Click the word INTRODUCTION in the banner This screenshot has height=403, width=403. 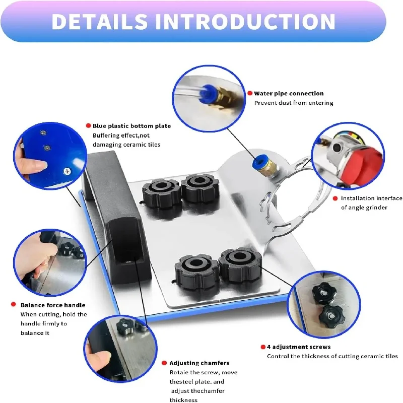(x=245, y=21)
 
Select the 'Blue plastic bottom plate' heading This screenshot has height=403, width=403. (x=131, y=126)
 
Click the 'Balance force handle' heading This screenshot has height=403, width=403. (x=53, y=305)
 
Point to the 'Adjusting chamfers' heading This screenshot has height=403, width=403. (x=199, y=363)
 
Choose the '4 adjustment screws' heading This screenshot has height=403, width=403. (x=299, y=347)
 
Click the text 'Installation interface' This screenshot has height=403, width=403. (x=371, y=198)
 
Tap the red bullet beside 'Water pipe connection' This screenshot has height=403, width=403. (x=249, y=93)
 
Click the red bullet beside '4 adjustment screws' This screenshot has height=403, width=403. (x=262, y=347)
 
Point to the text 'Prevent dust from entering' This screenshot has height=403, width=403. (x=294, y=103)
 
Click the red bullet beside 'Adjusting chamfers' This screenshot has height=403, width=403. (x=164, y=363)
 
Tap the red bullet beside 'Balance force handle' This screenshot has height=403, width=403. (x=14, y=305)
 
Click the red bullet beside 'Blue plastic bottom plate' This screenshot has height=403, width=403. (x=88, y=126)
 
